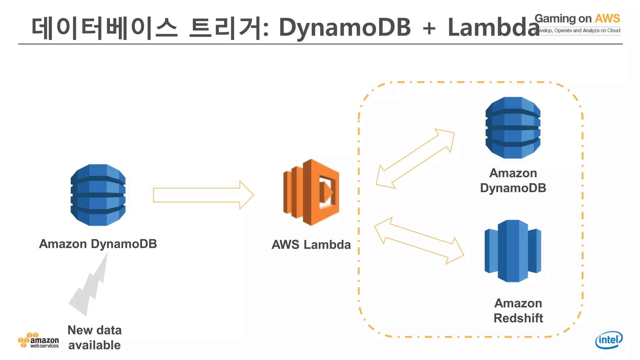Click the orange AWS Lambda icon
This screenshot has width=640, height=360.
(311, 192)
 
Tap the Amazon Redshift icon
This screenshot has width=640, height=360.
(512, 251)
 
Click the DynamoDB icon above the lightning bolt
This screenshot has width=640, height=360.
(98, 195)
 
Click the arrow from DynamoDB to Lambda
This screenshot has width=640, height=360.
(203, 195)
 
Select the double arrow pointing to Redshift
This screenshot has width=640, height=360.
(419, 241)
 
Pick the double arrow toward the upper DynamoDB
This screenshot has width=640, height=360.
(415, 159)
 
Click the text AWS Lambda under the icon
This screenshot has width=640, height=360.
(311, 244)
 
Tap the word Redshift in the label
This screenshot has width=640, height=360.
(518, 318)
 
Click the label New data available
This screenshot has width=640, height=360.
(94, 337)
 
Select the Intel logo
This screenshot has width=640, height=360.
(608, 340)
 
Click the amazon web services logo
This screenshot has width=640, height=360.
(38, 341)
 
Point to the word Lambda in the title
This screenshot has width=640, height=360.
(493, 27)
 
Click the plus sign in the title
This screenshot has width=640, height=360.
(429, 28)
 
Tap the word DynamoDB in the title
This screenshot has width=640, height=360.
(344, 27)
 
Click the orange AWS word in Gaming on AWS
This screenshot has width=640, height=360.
(607, 18)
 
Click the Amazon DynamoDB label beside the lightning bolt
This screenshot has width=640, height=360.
(98, 244)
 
